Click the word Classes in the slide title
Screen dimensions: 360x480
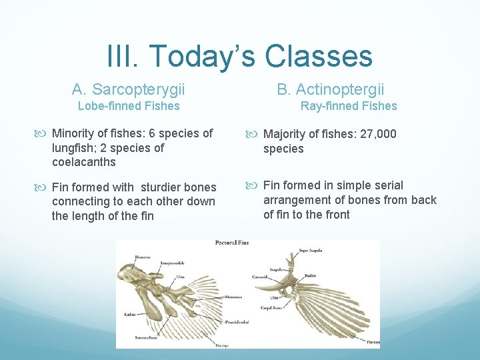pyautogui.click(x=319, y=56)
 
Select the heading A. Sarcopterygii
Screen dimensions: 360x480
pyautogui.click(x=129, y=89)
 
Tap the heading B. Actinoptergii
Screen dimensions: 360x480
pyautogui.click(x=331, y=89)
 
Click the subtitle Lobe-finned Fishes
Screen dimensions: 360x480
pyautogui.click(x=129, y=106)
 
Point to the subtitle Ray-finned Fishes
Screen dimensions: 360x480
pyautogui.click(x=349, y=106)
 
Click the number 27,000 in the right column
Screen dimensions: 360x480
pyautogui.click(x=379, y=134)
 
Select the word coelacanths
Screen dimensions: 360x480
pyautogui.click(x=84, y=162)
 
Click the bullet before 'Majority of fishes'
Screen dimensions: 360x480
pyautogui.click(x=256, y=134)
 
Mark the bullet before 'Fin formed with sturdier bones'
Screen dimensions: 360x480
pyautogui.click(x=45, y=187)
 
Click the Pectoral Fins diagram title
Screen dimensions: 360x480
pyautogui.click(x=231, y=243)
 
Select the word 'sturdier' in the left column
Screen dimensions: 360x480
pyautogui.click(x=160, y=187)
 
